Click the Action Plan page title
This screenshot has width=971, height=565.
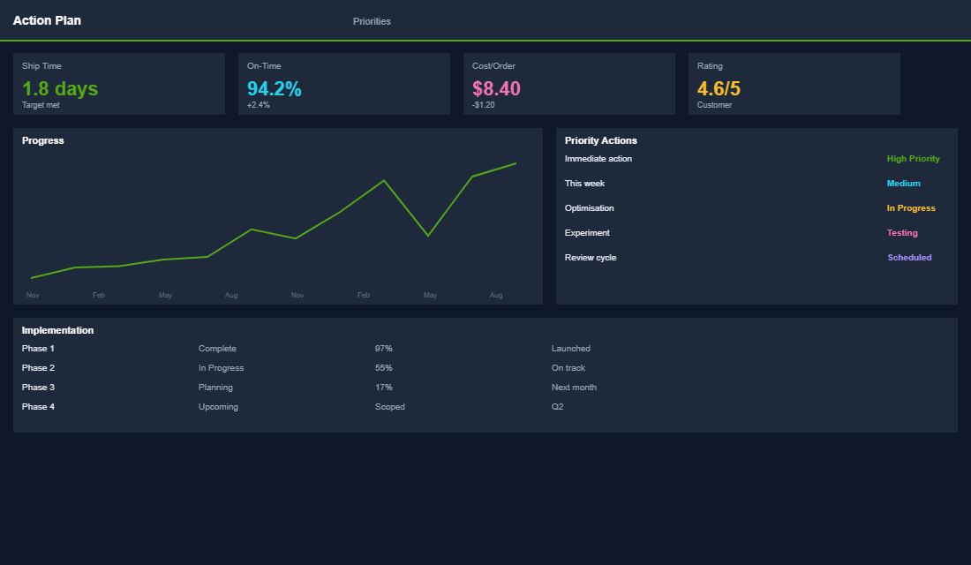[47, 20]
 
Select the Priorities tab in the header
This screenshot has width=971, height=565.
[372, 21]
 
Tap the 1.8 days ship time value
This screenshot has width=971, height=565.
[60, 88]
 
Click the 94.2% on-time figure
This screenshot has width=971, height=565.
[274, 88]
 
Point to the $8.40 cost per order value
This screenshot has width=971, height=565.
[496, 88]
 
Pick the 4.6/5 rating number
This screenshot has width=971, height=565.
[719, 88]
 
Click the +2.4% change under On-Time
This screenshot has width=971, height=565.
[259, 105]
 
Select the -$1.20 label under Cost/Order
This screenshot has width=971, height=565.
[484, 105]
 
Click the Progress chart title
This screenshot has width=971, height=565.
[43, 140]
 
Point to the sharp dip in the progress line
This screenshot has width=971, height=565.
[428, 235]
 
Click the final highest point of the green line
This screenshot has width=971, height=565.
[516, 163]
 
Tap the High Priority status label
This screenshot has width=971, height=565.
[913, 159]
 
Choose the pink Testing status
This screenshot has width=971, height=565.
[902, 233]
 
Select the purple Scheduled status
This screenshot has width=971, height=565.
[909, 258]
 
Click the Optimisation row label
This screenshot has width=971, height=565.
[589, 208]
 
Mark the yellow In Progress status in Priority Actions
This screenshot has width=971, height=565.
[911, 208]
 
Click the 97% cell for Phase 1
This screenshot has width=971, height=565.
[383, 349]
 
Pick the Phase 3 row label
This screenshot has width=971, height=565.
[38, 388]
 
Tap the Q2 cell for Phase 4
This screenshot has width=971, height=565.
[557, 407]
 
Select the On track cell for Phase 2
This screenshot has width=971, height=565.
[568, 368]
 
